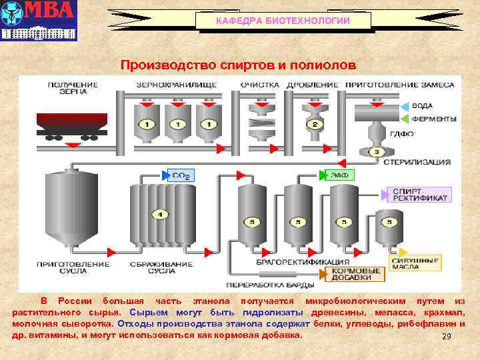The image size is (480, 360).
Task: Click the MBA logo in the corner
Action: click(x=39, y=20)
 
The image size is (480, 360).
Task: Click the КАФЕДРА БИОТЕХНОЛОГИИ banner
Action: click(x=283, y=21)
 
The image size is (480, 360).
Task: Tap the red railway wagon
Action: click(x=71, y=124)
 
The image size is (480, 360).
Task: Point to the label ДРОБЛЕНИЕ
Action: click(x=313, y=85)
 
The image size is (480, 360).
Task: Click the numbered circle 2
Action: click(x=313, y=125)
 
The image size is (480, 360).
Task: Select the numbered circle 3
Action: click(x=376, y=152)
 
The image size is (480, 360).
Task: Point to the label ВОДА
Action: click(x=423, y=106)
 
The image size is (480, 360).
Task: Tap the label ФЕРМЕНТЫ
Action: click(x=433, y=119)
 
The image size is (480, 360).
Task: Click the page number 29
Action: click(x=447, y=337)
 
